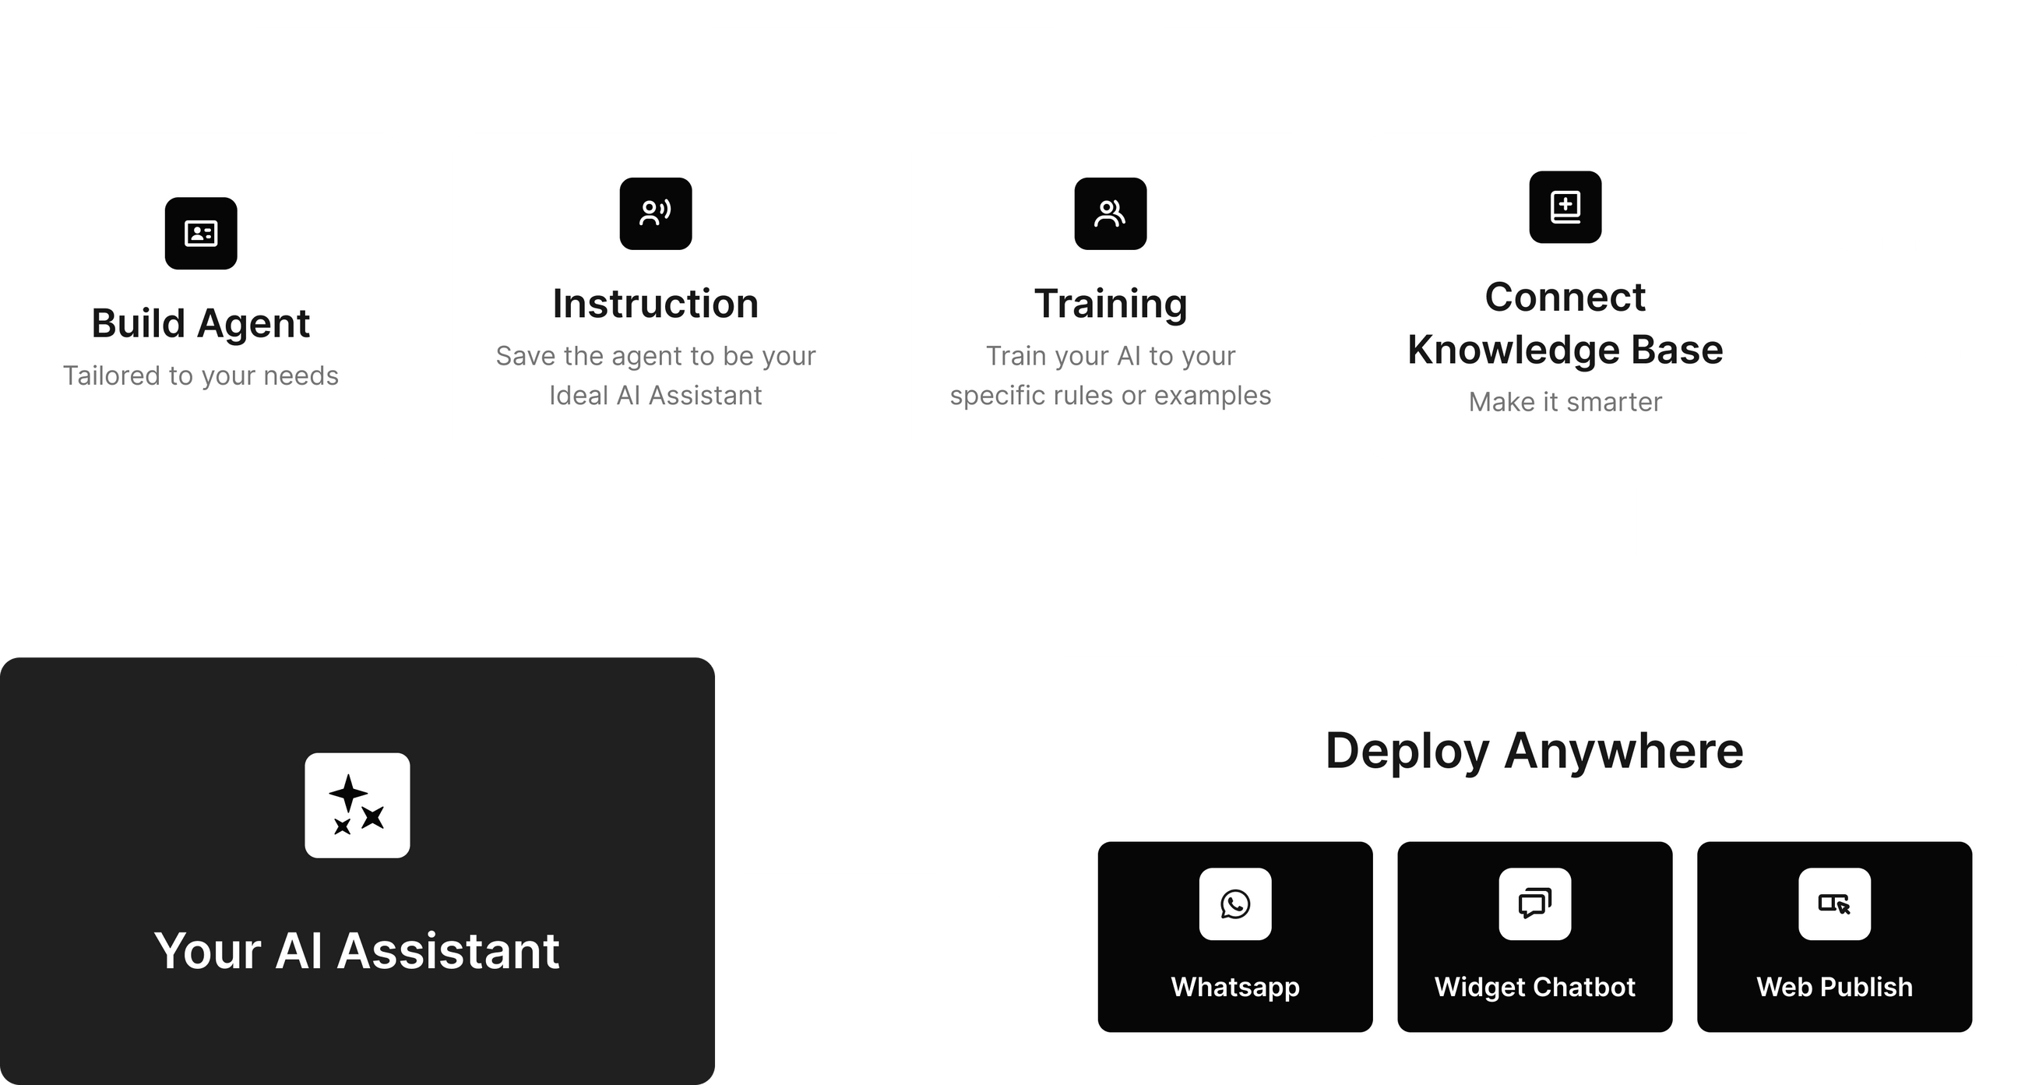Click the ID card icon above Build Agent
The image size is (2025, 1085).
click(200, 234)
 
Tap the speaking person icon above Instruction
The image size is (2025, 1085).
click(656, 213)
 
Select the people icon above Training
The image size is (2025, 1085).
click(1110, 213)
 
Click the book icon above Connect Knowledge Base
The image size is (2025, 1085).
click(1565, 206)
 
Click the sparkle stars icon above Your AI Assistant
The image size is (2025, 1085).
click(357, 805)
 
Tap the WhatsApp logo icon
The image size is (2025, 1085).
click(1235, 904)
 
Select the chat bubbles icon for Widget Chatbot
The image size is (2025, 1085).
click(1534, 904)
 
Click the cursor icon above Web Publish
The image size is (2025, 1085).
click(1834, 904)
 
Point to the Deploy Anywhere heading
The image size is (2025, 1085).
click(1534, 750)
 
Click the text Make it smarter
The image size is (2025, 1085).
click(1565, 402)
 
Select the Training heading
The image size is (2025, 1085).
click(1110, 304)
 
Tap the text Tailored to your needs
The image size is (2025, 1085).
click(200, 376)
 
